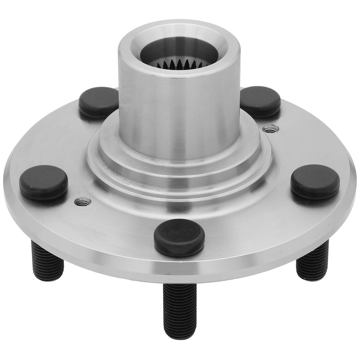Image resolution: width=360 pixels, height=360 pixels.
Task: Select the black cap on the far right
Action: [x=315, y=182]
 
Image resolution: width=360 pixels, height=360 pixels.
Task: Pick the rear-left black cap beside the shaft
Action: [x=98, y=102]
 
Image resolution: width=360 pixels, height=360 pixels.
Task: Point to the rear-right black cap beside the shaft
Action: [x=260, y=101]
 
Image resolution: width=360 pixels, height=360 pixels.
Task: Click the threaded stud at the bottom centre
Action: [x=180, y=310]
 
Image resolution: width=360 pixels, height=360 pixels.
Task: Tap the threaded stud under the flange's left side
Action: [x=47, y=261]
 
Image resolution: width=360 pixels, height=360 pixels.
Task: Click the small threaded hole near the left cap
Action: [x=82, y=201]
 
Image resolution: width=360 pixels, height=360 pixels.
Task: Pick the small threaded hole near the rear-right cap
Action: [x=271, y=128]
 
